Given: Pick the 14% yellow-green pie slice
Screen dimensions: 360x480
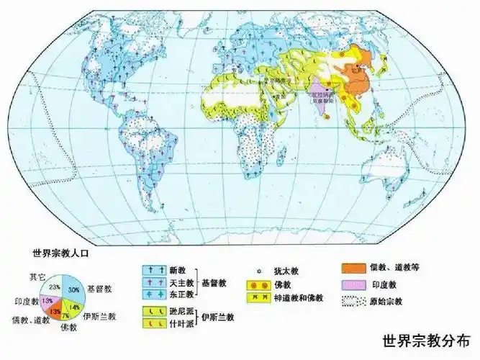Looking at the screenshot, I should pyautogui.click(x=73, y=305).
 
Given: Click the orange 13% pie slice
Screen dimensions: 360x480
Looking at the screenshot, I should pyautogui.click(x=55, y=311).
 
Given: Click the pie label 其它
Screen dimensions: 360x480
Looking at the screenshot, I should pyautogui.click(x=37, y=276).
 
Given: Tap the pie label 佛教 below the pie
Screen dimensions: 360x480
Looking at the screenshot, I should pyautogui.click(x=69, y=328).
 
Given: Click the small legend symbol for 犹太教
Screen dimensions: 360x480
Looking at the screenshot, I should pyautogui.click(x=258, y=271).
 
